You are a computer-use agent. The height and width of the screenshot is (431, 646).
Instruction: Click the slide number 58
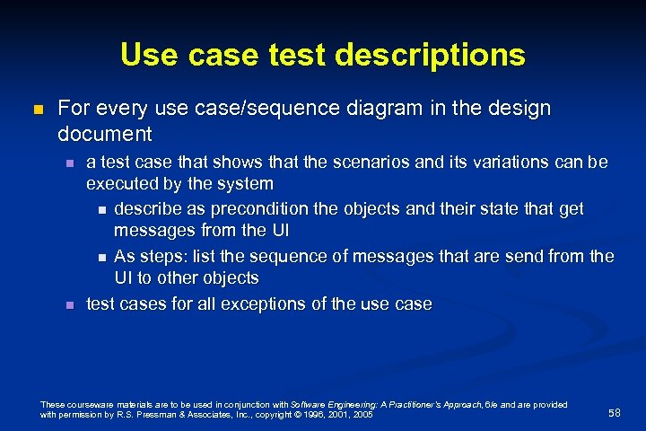(614, 412)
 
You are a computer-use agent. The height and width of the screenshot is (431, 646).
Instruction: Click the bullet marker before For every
(37, 110)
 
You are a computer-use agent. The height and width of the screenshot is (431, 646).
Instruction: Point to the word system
(246, 185)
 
